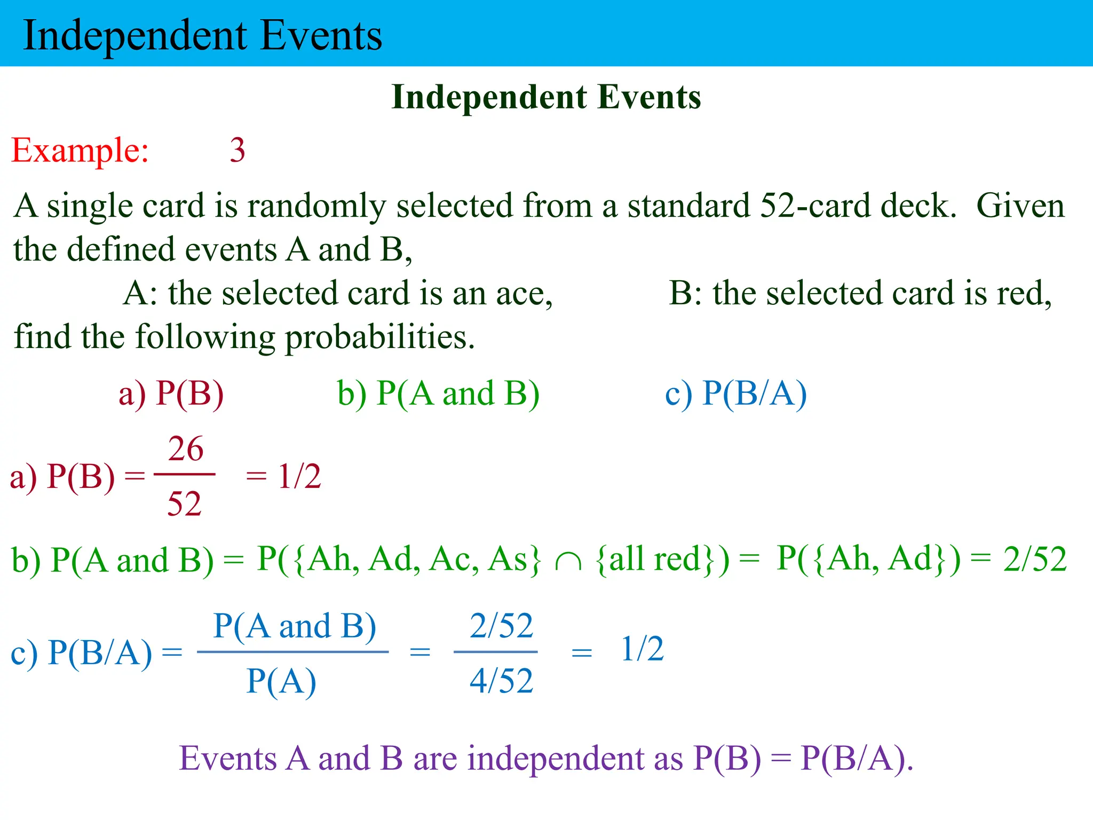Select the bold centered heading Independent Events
546,97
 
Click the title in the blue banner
203,35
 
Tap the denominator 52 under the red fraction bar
184,503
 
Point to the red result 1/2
299,476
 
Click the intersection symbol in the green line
568,561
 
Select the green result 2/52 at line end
1034,559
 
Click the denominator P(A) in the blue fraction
281,682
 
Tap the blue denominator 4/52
501,681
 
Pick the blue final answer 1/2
642,649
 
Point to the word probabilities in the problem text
379,337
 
